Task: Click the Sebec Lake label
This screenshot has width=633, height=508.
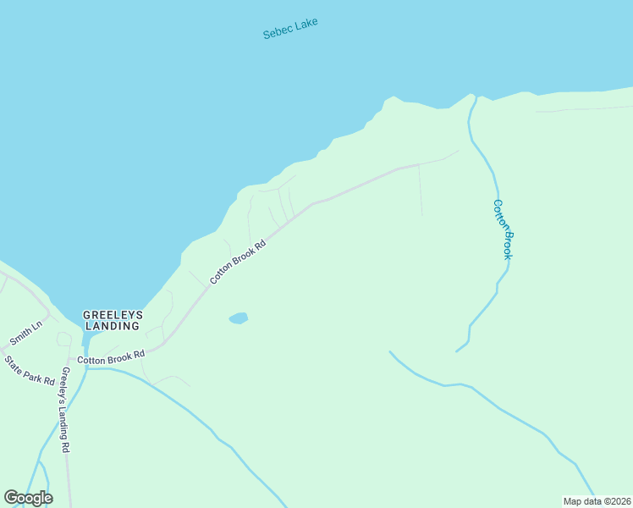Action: point(290,29)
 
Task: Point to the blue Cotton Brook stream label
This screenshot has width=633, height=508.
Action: point(504,229)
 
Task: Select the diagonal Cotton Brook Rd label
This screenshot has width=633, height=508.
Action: point(239,261)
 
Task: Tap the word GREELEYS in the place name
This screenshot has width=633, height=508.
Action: point(113,315)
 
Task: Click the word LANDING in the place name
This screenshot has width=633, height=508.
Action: point(112,326)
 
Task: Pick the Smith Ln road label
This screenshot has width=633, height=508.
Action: point(25,334)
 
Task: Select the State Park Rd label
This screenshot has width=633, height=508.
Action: point(30,371)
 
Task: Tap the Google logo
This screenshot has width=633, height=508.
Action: point(28,497)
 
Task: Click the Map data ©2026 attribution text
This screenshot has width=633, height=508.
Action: point(597,500)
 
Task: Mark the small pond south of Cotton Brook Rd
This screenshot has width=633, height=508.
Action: point(239,318)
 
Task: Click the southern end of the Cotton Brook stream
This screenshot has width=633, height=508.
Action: point(458,350)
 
